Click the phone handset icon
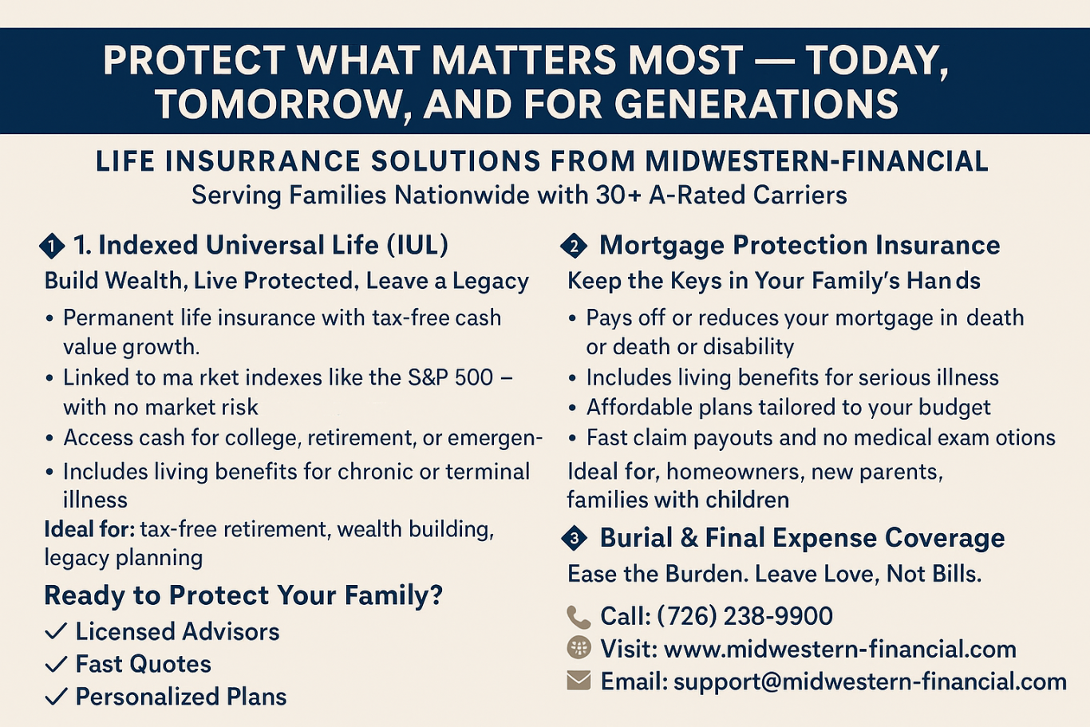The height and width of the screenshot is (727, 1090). tap(579, 617)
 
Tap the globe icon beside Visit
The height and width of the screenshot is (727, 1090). tap(579, 648)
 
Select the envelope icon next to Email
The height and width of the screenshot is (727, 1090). tap(579, 680)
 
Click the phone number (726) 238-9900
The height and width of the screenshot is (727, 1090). tap(744, 616)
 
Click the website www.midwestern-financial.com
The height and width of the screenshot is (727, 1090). tap(840, 649)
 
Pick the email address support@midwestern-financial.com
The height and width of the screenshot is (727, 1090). tap(870, 682)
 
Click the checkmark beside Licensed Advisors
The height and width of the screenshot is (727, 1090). tap(56, 631)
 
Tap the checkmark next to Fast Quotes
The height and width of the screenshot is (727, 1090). tap(56, 664)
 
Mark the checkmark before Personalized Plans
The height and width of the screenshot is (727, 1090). tap(56, 697)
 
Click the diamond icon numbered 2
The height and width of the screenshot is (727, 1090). tap(575, 247)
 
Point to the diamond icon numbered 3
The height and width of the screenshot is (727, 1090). tap(575, 538)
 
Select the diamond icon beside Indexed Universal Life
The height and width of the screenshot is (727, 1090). tap(52, 247)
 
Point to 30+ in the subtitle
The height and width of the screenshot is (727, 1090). tap(618, 196)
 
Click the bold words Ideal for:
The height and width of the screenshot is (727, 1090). tap(89, 529)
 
